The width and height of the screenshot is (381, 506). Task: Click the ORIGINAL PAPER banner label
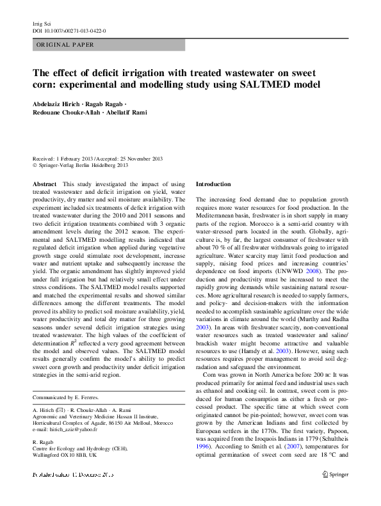pyautogui.click(x=65, y=45)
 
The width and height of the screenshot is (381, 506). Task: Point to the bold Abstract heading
pyautogui.click(x=44, y=184)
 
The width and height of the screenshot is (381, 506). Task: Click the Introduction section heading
pyautogui.click(x=213, y=184)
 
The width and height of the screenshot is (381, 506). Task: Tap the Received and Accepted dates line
pyautogui.click(x=97, y=158)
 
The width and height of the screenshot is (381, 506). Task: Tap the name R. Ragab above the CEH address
pyautogui.click(x=43, y=441)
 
